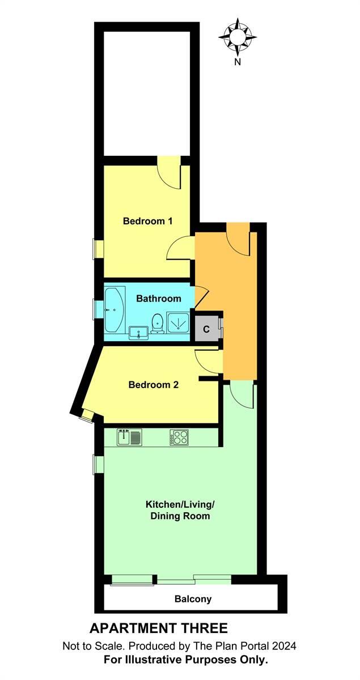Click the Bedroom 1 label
tap(147, 221)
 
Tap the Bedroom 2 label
tap(154, 385)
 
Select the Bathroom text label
tap(159, 299)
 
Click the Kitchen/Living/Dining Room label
tap(178, 510)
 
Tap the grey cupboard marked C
tap(206, 329)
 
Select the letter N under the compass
tap(238, 63)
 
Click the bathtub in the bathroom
tap(114, 310)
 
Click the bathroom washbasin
tap(138, 331)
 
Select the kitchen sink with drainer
tap(130, 437)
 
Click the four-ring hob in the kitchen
tap(179, 437)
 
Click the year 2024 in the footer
tap(284, 646)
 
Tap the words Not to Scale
tap(90, 646)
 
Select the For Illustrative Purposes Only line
tap(185, 660)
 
